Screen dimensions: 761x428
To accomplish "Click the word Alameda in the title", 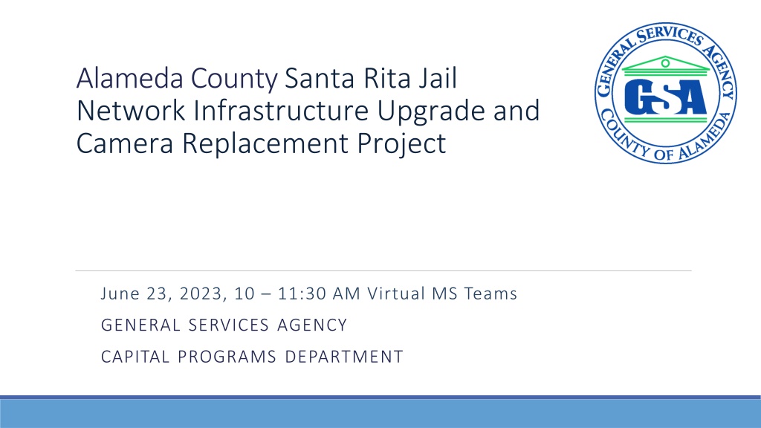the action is [x=129, y=78].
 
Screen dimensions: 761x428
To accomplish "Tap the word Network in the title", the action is [x=131, y=111].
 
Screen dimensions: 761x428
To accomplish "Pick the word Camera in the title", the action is [x=125, y=143].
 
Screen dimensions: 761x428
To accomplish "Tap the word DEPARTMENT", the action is [x=343, y=357].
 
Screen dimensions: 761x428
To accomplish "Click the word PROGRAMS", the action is [x=227, y=357].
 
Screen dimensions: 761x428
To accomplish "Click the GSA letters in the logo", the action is [x=665, y=97].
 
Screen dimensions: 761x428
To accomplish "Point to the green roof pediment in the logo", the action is [x=665, y=64].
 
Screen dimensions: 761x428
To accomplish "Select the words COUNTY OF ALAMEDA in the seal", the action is [x=666, y=140].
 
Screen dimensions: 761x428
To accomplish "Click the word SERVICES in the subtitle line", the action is [x=229, y=325].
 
